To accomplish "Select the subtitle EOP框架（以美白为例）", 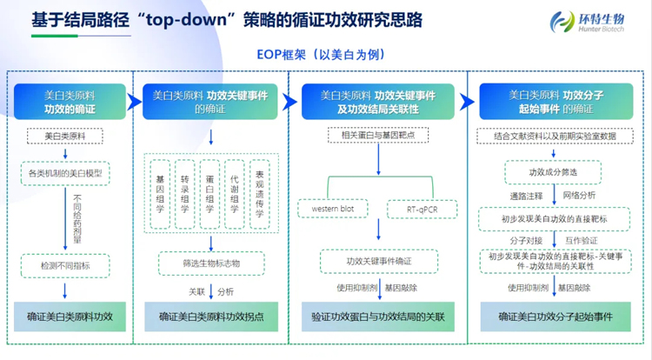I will (x=324, y=53).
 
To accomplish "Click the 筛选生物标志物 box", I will (x=210, y=262).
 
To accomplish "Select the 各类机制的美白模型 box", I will (x=65, y=173).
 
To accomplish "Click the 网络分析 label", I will (x=578, y=196).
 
